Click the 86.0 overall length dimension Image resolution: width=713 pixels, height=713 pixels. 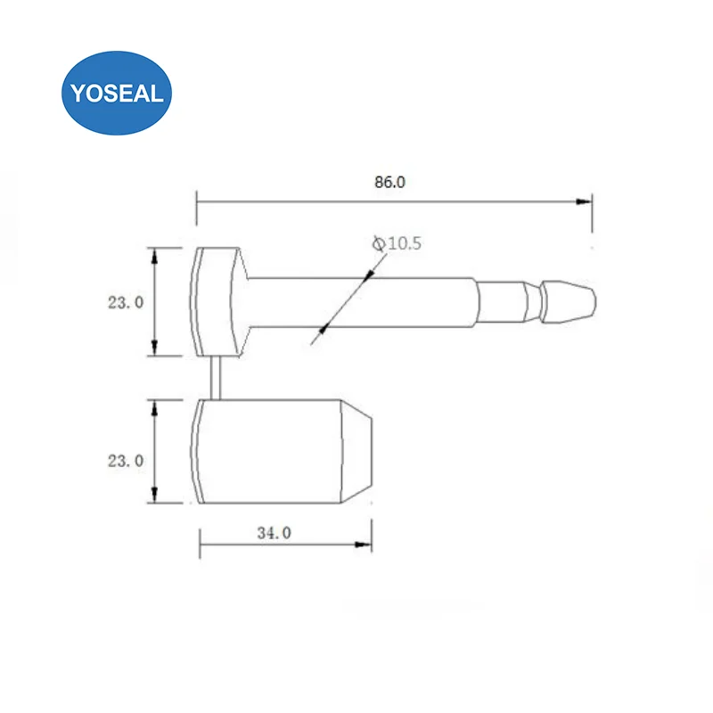[x=390, y=183]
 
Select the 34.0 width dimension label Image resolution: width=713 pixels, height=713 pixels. [x=274, y=533]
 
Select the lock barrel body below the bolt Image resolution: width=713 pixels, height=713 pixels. [x=267, y=452]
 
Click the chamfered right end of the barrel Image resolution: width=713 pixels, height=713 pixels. [x=358, y=452]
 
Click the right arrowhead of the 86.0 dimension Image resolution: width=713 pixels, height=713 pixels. [x=586, y=201]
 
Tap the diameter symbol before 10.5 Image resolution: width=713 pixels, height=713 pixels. [x=378, y=242]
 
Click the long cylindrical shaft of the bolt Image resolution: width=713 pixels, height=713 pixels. [x=374, y=302]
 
